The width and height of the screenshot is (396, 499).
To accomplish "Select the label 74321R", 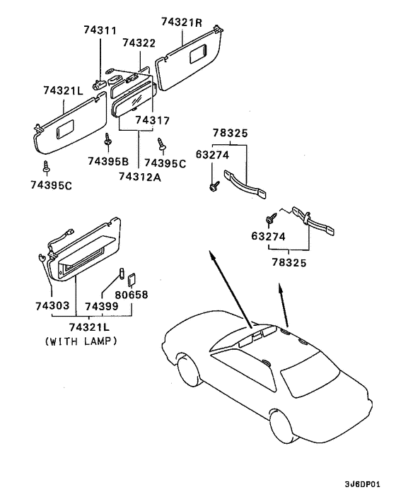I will click(181, 22).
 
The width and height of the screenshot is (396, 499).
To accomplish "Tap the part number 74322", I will click(139, 43).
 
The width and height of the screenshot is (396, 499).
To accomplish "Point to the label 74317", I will click(152, 121).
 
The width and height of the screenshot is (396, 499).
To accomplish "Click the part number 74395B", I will click(107, 161).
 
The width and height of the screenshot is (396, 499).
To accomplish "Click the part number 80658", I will click(132, 295).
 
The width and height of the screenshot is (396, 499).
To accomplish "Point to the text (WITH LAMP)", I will click(81, 340).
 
